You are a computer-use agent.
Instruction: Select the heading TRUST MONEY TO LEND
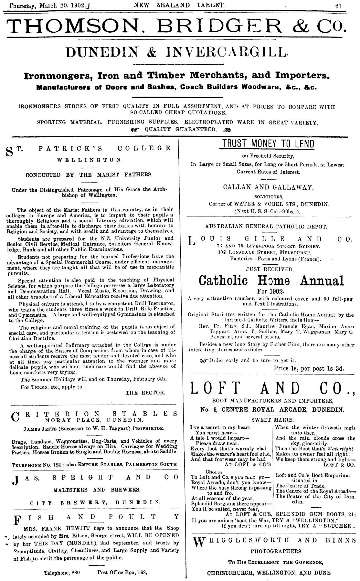click(267, 144)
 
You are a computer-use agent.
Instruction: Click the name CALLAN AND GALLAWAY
click(268, 187)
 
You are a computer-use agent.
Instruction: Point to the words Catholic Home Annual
click(271, 280)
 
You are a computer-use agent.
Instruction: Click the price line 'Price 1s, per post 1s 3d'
click(309, 368)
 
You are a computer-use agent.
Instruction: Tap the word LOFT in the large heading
click(216, 388)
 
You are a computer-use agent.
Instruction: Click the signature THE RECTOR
click(145, 393)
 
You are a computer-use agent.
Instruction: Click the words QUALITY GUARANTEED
click(180, 130)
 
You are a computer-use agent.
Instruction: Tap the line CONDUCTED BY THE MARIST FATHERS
click(89, 175)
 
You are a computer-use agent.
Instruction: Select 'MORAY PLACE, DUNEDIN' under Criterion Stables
click(94, 420)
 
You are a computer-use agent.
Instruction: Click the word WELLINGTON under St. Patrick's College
click(89, 160)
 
